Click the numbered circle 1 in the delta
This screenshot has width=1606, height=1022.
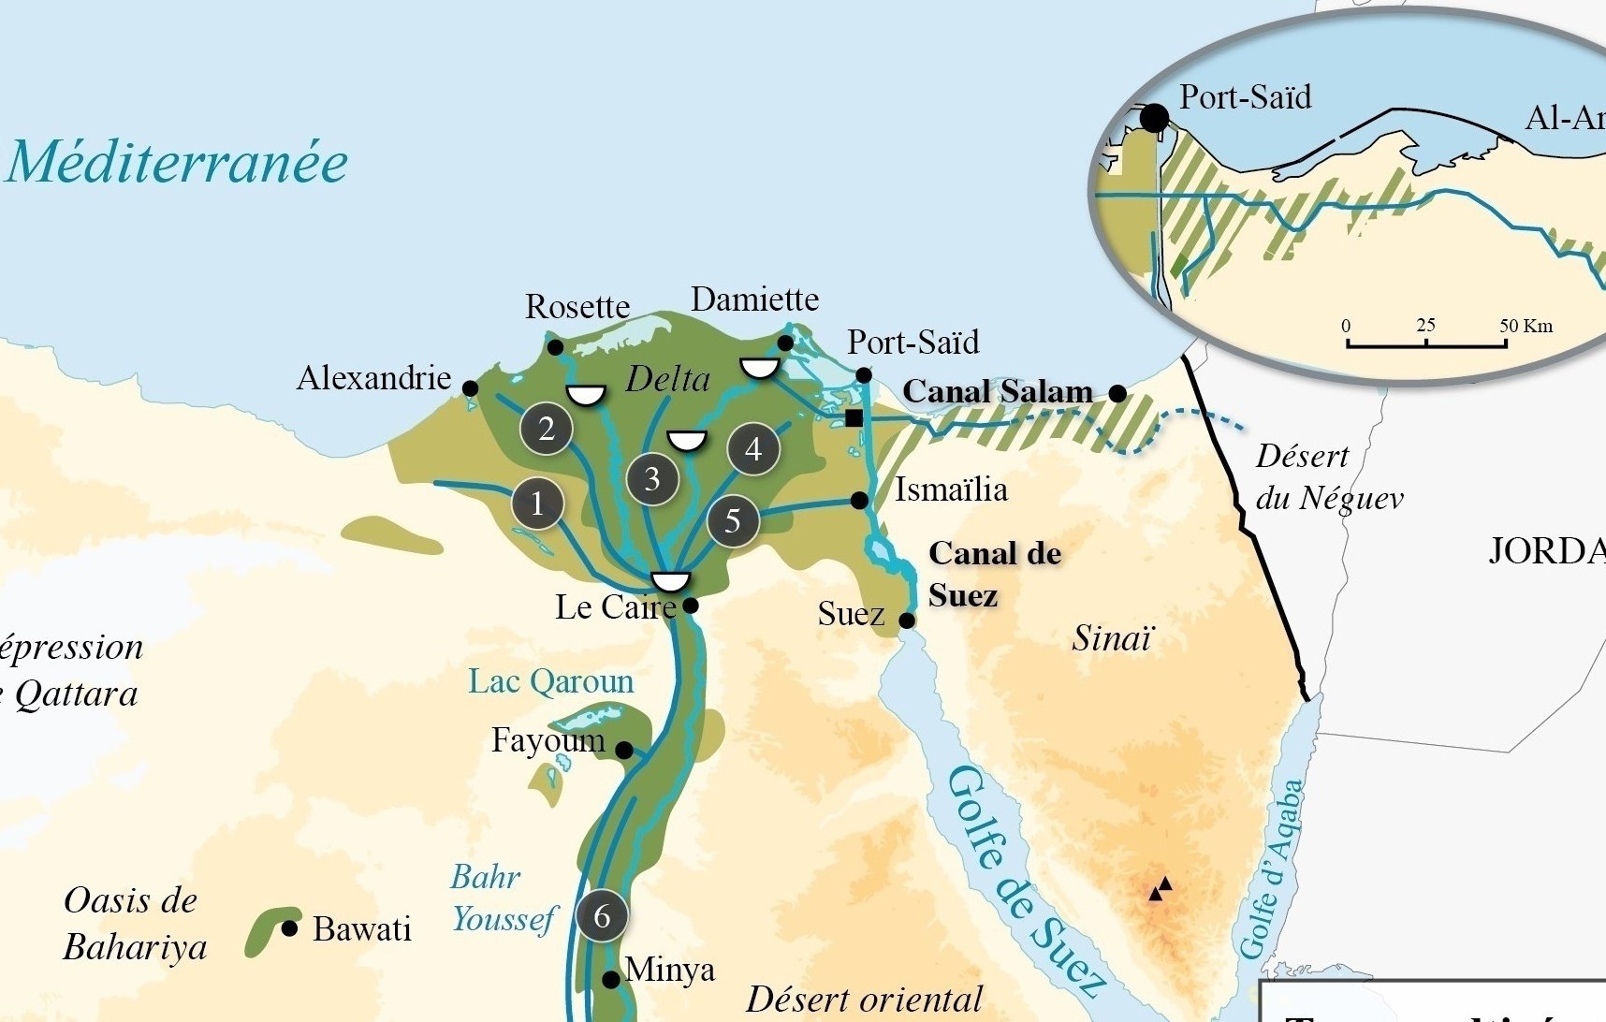point(537,504)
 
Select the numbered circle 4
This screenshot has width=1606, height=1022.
point(753,450)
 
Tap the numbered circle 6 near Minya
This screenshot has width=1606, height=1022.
point(602,915)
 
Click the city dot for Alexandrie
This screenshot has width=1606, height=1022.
point(471,388)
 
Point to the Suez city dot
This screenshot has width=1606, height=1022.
point(907,620)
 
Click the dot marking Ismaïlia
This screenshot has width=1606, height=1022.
point(859,501)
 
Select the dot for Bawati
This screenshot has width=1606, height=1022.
point(290,928)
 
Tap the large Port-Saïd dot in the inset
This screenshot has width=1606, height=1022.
point(1155,119)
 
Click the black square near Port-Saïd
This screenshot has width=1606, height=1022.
point(854,417)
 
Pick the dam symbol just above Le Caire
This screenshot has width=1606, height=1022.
point(670,581)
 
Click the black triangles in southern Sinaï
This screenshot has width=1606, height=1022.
point(1161,888)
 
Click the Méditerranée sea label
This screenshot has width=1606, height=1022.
point(178,162)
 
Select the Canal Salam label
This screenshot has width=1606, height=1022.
point(998,391)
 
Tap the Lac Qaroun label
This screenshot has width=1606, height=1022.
point(551,681)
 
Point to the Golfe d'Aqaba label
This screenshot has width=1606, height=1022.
point(1271,869)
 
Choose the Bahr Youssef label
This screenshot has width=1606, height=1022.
point(504,898)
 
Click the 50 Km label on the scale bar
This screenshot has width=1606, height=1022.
point(1526,326)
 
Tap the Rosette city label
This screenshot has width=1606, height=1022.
point(577,307)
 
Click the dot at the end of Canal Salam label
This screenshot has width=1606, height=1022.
point(1117,393)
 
